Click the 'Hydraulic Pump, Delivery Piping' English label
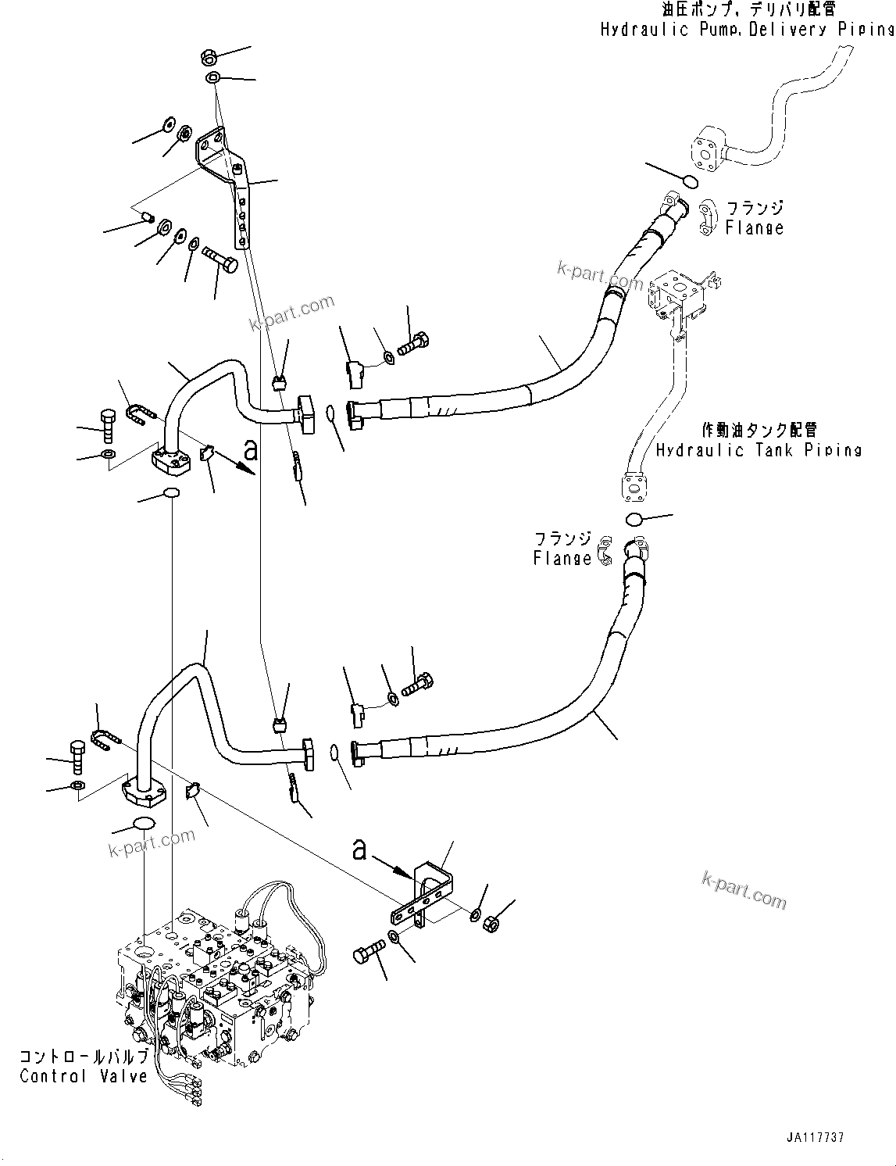[747, 30]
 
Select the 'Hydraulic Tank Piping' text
[758, 450]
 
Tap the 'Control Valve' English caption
[84, 1076]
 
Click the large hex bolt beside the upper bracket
[220, 259]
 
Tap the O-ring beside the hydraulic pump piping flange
[690, 181]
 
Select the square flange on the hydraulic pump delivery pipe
[707, 150]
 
